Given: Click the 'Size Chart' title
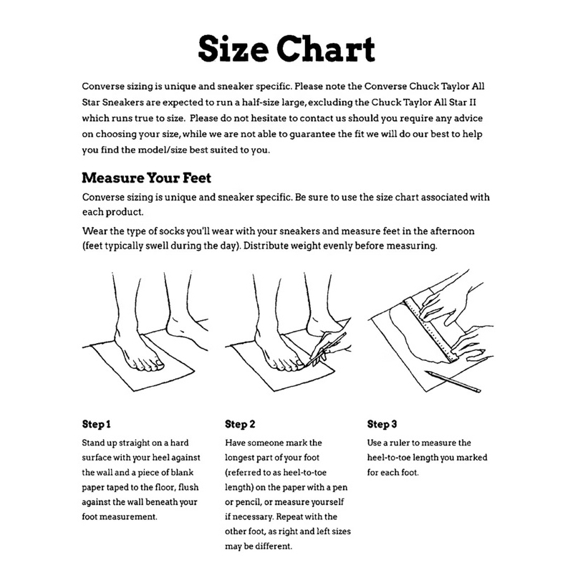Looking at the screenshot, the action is coord(286,49).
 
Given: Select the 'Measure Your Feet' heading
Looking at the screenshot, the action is coord(146,178).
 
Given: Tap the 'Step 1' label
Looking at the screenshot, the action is coord(96,424).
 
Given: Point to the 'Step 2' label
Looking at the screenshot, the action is coord(240,424).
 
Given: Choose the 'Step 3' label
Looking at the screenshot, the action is coord(382,424).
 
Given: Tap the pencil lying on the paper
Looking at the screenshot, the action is coord(453,382).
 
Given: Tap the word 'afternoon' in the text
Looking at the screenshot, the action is coord(452,231).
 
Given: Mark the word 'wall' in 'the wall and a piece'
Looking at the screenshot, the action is coord(104,473).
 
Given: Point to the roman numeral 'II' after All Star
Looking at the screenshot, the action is coord(472,102).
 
